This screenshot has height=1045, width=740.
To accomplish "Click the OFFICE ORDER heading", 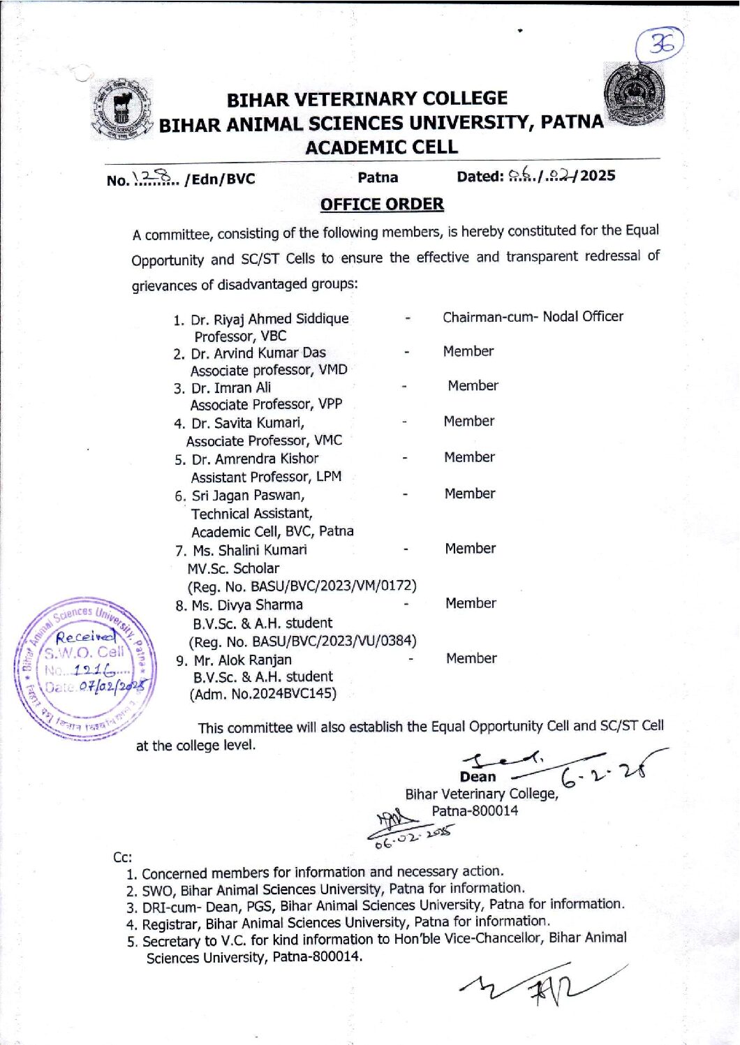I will coord(382,205).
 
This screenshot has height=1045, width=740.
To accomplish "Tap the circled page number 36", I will coord(660,45).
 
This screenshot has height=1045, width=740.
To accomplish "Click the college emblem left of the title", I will coord(121,110).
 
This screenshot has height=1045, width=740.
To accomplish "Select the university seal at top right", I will coord(633,94).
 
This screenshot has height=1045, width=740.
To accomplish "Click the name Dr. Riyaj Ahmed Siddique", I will coord(269,319).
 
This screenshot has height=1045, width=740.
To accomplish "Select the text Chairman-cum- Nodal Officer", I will coord(533,317).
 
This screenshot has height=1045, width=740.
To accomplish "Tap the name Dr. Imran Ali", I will coord(231,388).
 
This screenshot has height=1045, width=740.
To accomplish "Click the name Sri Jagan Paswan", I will coord(248,496).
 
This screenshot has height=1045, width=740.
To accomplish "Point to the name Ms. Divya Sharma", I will coord(247,605).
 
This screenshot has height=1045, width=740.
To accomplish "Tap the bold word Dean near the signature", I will coord(478,777).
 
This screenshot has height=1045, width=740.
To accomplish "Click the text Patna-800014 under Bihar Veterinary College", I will coord(475,811).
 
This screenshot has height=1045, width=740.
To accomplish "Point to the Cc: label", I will coord(122,857).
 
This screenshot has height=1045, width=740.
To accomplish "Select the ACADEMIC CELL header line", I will coord(381,147).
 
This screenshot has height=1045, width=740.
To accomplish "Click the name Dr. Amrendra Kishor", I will coord(255,459).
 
